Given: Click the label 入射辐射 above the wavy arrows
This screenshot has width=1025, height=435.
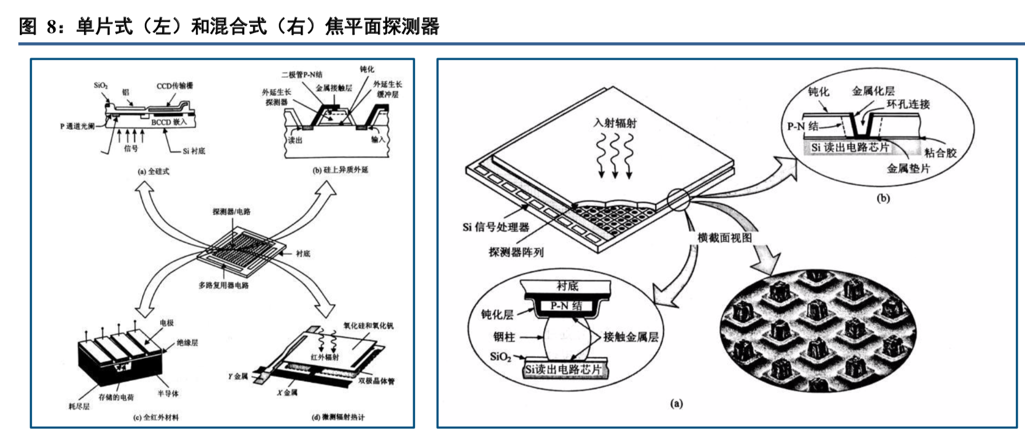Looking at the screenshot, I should point(615,123).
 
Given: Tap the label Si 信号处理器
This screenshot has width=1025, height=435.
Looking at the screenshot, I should point(496,227).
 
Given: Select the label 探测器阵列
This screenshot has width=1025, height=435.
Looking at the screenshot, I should point(515,252).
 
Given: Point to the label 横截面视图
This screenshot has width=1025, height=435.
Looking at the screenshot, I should point(724,238).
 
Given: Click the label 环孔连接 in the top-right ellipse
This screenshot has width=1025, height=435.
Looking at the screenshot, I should point(908,104).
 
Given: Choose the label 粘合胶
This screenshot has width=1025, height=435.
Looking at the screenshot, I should point(940,153).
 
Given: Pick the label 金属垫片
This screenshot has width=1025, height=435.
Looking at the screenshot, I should point(908,168).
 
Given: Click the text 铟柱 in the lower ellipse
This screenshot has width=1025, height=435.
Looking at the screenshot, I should point(504,337).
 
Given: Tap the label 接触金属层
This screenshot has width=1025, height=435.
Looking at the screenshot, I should point(631,337).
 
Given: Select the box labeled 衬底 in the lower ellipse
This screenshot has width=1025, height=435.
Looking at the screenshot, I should point(567,286).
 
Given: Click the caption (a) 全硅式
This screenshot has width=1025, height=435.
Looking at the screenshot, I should point(153,171).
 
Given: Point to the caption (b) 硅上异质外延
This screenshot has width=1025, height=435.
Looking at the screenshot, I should point(340,170).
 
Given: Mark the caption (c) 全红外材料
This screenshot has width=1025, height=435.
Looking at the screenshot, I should point(156,417).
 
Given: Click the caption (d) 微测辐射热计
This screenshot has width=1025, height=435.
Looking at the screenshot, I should point(338,417).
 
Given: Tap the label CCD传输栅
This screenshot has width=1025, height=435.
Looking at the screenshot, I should point(175,86).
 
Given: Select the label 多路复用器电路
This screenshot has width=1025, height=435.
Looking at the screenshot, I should point(223,285).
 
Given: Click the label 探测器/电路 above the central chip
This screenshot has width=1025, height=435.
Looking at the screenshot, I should point(232,212).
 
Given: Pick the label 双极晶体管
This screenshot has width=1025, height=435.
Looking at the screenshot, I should point(376,381).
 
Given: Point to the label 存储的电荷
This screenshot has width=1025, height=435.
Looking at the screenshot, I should point(116,397).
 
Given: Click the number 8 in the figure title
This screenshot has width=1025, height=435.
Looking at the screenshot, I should point(52,27).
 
